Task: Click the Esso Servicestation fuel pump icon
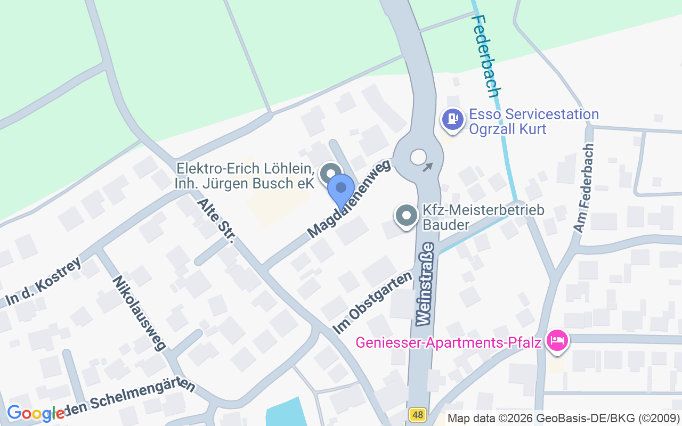(453, 118)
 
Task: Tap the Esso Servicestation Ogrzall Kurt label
(534, 121)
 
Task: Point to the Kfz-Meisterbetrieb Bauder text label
(483, 217)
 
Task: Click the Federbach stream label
(485, 55)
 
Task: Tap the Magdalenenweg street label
(349, 198)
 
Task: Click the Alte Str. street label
(216, 221)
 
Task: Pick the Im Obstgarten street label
(372, 303)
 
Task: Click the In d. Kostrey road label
(44, 282)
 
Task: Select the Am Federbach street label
(583, 187)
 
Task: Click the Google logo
(36, 413)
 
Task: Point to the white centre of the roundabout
(418, 157)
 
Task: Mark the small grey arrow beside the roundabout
(428, 167)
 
